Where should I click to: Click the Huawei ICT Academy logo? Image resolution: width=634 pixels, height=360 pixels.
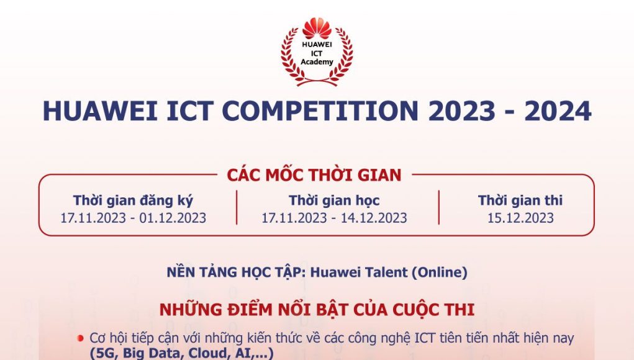pos(317,52)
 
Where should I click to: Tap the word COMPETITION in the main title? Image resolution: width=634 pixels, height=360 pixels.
pos(320,110)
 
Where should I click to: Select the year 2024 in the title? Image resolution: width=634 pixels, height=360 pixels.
pos(558,110)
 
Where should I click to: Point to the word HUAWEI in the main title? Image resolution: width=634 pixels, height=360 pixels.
pos(100,110)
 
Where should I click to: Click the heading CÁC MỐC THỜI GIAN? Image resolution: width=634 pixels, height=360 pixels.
pos(314,175)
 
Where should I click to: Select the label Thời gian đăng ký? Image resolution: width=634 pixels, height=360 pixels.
pos(133,200)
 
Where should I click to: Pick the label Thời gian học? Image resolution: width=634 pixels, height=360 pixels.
pos(334,200)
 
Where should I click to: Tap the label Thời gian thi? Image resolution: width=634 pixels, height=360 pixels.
pos(520,200)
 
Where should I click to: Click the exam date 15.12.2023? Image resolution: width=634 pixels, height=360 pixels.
pos(520,218)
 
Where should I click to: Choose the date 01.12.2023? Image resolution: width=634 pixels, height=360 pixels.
pos(173,218)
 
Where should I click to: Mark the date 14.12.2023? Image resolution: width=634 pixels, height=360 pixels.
pos(374,218)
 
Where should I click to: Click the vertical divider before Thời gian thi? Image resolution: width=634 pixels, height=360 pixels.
pos(438,208)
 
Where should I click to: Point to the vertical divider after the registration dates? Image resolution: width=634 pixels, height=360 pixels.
pos(237,208)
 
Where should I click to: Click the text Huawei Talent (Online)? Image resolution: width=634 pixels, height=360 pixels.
pos(389,272)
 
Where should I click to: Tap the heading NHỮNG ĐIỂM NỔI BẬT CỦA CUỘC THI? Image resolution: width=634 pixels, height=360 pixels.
pos(317,310)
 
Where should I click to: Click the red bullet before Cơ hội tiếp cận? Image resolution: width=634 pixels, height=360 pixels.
pos(81,338)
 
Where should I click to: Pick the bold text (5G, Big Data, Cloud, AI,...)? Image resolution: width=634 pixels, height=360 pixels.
pos(181,353)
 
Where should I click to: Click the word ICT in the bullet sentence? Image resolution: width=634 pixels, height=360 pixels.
pos(425,338)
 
